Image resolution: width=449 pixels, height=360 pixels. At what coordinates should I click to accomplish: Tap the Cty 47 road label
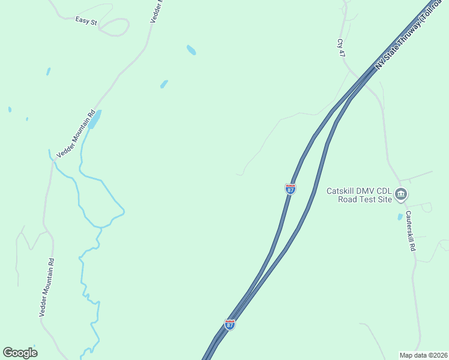point(341,48)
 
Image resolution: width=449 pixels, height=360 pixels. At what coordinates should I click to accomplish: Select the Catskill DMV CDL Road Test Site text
point(359,196)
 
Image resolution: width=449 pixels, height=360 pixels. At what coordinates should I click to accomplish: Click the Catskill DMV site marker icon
point(402,194)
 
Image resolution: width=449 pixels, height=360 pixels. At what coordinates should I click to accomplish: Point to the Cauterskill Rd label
point(410,231)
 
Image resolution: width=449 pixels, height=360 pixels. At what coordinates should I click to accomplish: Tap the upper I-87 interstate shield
point(291,189)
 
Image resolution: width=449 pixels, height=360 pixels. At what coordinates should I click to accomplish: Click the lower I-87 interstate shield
point(230,325)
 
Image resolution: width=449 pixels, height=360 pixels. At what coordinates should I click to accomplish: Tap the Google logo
point(20,353)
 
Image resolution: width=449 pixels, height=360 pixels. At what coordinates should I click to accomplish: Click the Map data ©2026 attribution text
point(423,355)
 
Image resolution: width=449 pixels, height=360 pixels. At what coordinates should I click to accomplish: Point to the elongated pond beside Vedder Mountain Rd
point(94,119)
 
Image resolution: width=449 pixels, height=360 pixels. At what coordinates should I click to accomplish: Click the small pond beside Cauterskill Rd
point(400,217)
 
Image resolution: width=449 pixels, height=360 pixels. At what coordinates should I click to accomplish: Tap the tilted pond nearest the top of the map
point(191,50)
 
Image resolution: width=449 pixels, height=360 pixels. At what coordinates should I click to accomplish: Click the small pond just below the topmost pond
point(163,85)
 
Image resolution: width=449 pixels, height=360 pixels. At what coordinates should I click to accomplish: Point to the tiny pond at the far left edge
point(10,110)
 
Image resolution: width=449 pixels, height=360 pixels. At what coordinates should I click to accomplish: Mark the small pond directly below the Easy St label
point(48,71)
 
